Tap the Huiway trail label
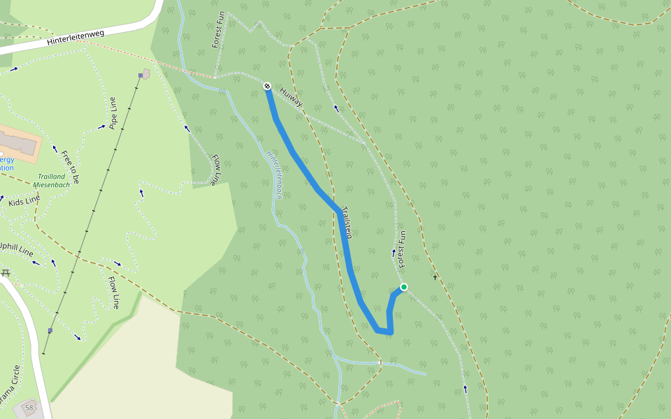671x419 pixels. (x=291, y=96)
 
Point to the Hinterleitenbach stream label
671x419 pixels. (x=274, y=177)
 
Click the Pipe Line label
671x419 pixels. (x=113, y=114)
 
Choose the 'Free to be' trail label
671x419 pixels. (x=70, y=167)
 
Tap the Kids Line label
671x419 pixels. (x=24, y=201)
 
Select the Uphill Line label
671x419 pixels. (x=15, y=248)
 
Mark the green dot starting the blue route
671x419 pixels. (x=403, y=287)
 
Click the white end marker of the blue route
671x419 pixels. (x=267, y=86)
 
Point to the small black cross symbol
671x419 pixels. (x=435, y=277)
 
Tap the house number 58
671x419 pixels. (x=29, y=407)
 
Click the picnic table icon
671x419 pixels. (x=6, y=272)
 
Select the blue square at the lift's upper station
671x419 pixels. (x=140, y=75)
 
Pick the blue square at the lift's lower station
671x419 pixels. (x=50, y=330)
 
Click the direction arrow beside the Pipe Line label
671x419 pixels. (x=102, y=127)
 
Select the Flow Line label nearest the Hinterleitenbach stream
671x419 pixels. (x=216, y=170)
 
